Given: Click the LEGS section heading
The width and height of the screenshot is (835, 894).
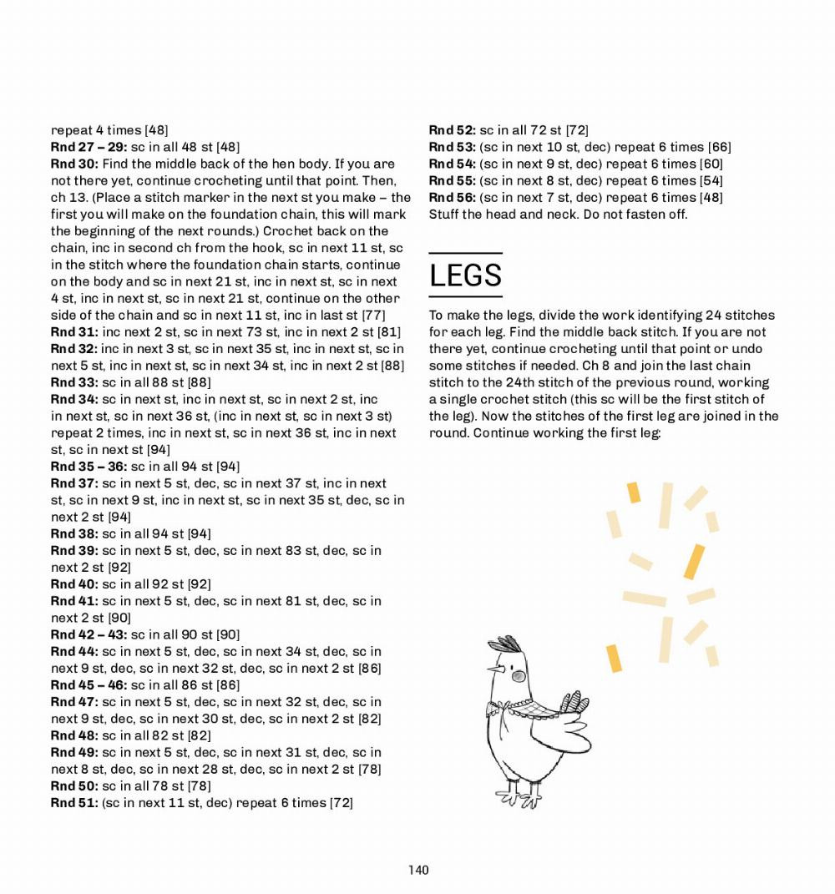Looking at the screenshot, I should pos(465,275).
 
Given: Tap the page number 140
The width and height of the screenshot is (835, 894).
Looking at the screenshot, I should pos(418,870).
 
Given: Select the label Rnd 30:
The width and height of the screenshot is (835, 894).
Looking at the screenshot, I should pos(75,164).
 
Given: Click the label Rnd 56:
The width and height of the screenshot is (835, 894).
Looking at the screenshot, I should pos(452,197).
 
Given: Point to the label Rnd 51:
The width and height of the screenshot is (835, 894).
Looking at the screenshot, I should pos(74,802).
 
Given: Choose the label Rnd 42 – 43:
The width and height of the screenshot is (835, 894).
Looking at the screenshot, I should pos(89,634).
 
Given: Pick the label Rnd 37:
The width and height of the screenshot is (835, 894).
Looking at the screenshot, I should pos(74,483).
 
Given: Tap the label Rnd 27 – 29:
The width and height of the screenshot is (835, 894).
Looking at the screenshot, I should pos(89,147).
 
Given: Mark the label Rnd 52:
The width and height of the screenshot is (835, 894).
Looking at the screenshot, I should pos(452,130).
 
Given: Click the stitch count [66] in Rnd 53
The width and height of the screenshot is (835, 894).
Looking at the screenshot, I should pos(719,147).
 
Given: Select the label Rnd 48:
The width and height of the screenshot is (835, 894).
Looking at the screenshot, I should pos(74,735).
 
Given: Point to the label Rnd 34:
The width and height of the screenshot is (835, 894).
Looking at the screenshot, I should pos(74,399).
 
